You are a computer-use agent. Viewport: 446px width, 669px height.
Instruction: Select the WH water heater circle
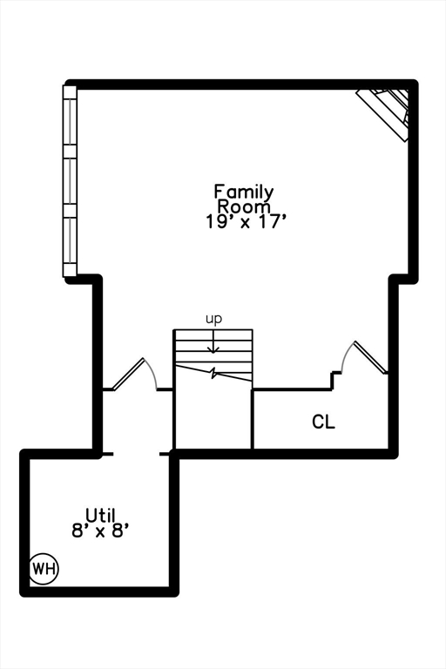click(44, 569)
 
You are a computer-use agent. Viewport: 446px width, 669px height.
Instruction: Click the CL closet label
click(323, 422)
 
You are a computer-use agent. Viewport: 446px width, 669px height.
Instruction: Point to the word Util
click(100, 514)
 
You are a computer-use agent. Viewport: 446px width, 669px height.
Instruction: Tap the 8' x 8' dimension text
click(100, 529)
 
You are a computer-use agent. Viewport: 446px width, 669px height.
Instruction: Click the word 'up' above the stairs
click(213, 319)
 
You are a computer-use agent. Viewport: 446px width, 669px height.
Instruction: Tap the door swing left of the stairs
click(136, 375)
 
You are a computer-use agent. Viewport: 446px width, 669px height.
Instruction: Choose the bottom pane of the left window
click(71, 244)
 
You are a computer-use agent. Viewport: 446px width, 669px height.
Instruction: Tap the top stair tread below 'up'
click(213, 334)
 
